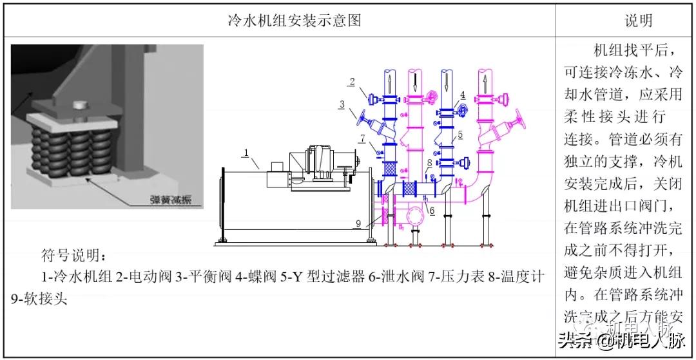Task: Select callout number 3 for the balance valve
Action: [x=343, y=103]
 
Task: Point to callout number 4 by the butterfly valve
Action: [x=463, y=95]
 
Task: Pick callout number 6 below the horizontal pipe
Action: [x=432, y=210]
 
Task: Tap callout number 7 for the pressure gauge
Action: [x=363, y=138]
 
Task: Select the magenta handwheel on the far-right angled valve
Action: [x=521, y=119]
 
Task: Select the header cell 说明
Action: [x=638, y=20]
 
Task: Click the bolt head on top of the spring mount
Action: [x=79, y=103]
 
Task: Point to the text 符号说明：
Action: [x=72, y=253]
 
